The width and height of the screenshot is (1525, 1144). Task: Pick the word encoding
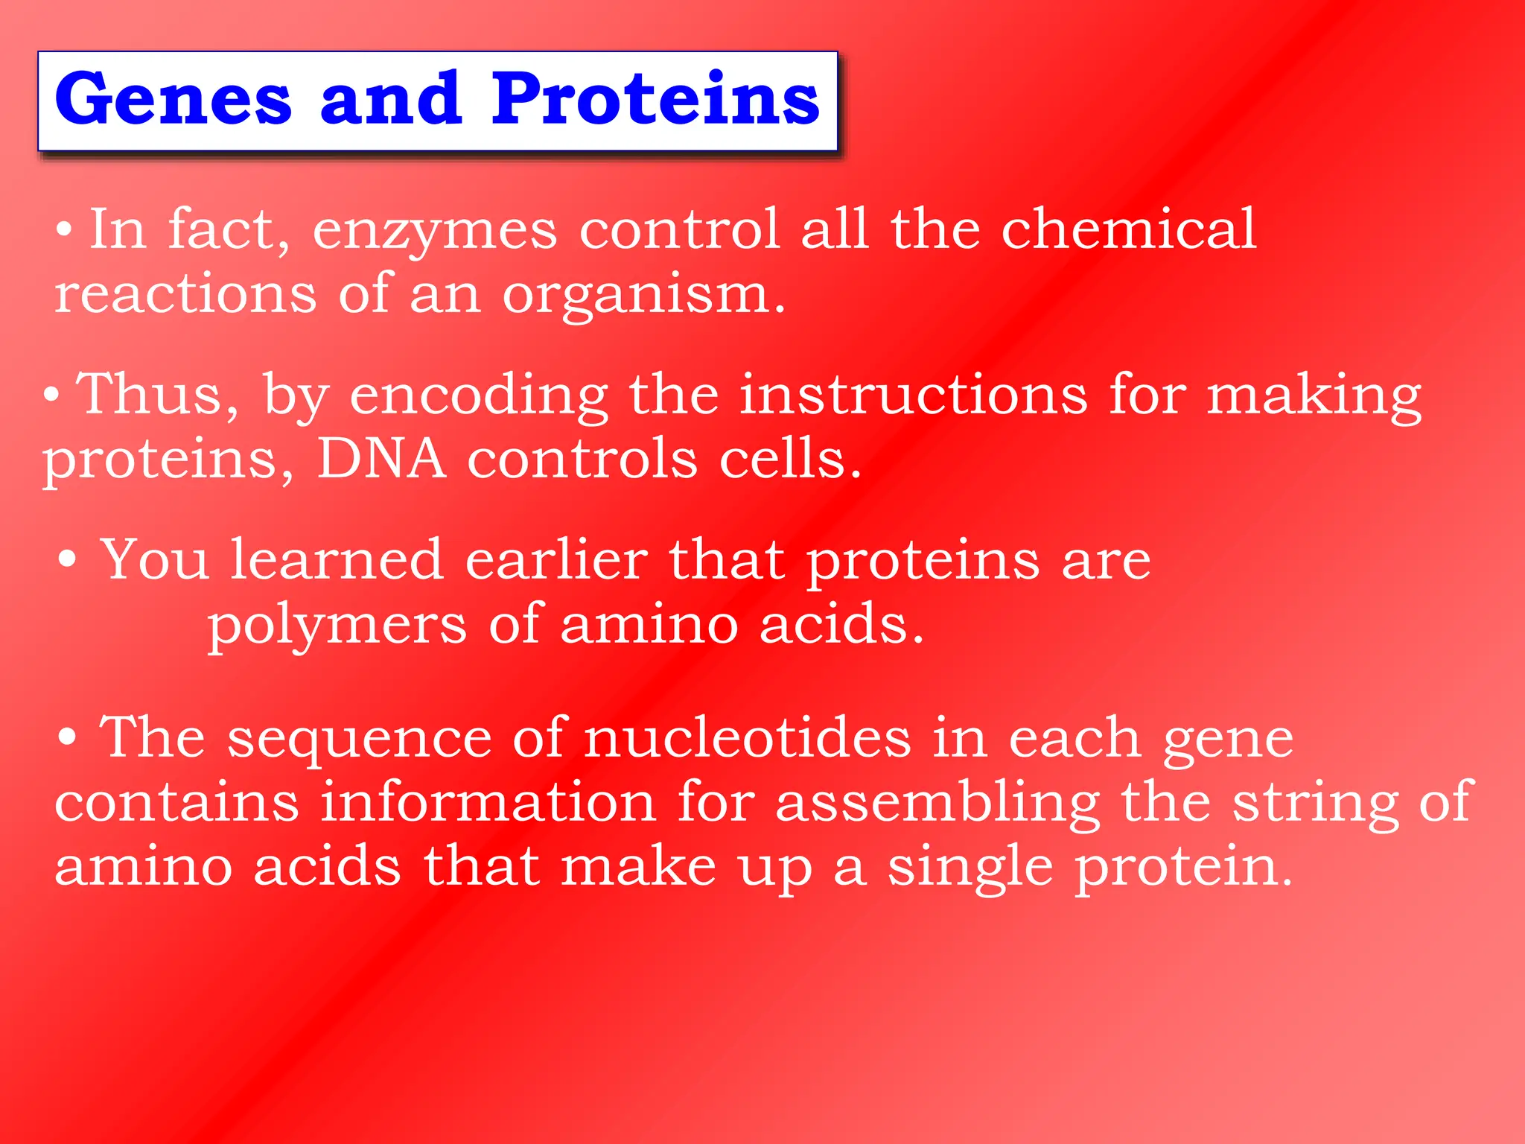tap(479, 397)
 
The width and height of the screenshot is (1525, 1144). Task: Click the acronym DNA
tap(381, 459)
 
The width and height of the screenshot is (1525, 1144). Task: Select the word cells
tap(789, 459)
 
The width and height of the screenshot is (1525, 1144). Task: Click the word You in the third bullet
tap(154, 560)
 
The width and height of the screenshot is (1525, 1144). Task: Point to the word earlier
tap(556, 560)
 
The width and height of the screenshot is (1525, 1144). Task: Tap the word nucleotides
tap(747, 738)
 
